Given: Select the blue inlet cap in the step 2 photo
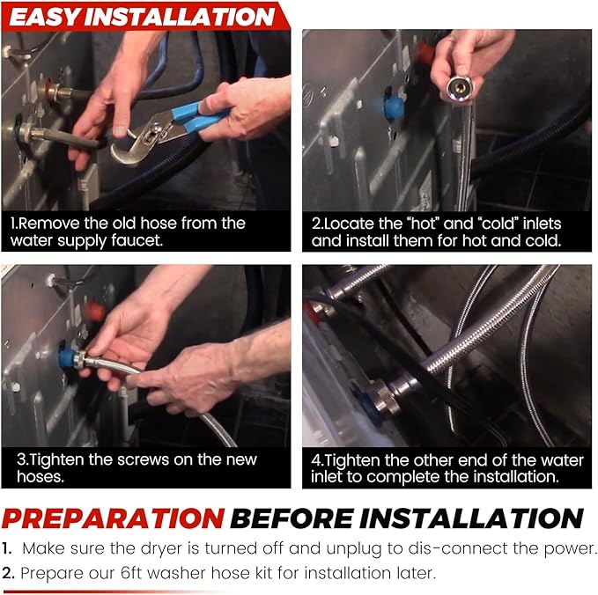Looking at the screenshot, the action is pos(394,107).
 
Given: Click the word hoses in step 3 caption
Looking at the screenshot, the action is pos(41,477).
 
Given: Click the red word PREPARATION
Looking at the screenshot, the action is pos(114,518).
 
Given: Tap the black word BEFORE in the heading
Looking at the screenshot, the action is pos(292,518).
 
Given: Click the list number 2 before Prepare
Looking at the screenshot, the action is pos(8,573).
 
